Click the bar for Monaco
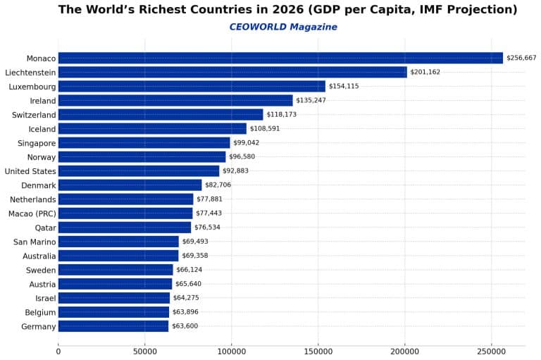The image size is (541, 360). pos(280,58)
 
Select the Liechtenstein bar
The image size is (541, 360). pos(232,72)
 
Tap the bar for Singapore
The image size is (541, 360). pos(144,142)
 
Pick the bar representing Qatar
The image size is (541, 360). pos(125,228)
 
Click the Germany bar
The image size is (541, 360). pos(113,326)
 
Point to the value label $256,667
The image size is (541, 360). pos(521,58)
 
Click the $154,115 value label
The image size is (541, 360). pos(344,86)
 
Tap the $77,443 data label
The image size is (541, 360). pos(211,213)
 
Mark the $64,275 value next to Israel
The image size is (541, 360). pos(186,298)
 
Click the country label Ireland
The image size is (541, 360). pos(43,101)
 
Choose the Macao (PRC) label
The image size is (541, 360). pos(32,213)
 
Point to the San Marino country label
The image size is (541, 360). pos(35,242)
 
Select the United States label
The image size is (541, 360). pos(30,171)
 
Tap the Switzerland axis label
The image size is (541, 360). pos(34,115)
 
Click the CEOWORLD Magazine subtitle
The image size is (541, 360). pos(283,27)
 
